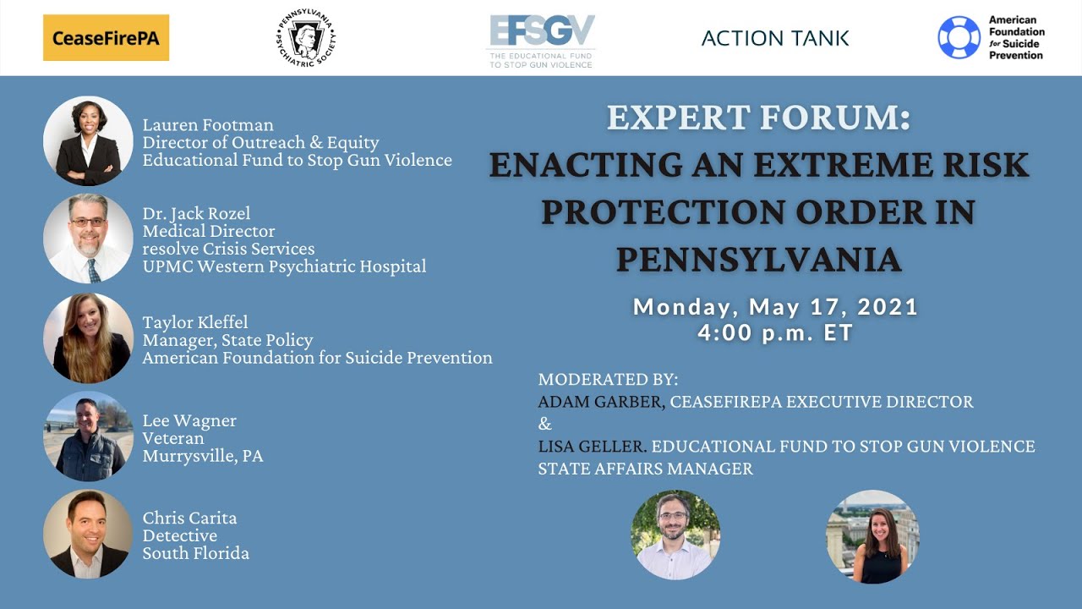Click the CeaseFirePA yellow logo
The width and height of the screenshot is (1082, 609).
pyautogui.click(x=106, y=38)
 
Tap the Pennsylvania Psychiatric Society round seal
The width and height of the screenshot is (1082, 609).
pyautogui.click(x=305, y=38)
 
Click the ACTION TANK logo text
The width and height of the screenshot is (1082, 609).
pyautogui.click(x=775, y=38)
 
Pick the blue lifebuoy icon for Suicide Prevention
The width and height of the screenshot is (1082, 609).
pyautogui.click(x=959, y=38)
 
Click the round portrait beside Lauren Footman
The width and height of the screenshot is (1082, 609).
pyautogui.click(x=88, y=140)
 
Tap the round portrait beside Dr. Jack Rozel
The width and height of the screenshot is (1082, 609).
pyautogui.click(x=88, y=239)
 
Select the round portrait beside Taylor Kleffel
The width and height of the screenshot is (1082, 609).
pyautogui.click(x=88, y=337)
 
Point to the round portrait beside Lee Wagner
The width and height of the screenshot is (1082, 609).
pyautogui.click(x=88, y=436)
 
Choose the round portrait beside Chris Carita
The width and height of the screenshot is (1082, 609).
pyautogui.click(x=88, y=535)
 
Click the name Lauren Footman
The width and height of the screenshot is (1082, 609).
pyautogui.click(x=207, y=125)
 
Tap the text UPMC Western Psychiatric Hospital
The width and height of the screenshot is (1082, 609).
pyautogui.click(x=284, y=266)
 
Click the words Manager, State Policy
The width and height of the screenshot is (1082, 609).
pyautogui.click(x=227, y=340)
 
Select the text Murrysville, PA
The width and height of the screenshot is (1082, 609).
pyautogui.click(x=203, y=456)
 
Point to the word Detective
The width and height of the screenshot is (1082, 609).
pyautogui.click(x=179, y=535)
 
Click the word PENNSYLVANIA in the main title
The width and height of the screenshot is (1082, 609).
pyautogui.click(x=758, y=259)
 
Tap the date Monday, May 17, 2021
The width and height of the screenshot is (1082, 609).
pyautogui.click(x=775, y=306)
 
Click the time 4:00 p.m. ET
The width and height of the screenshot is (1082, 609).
pyautogui.click(x=775, y=333)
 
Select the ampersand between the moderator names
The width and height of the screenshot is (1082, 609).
pyautogui.click(x=544, y=424)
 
